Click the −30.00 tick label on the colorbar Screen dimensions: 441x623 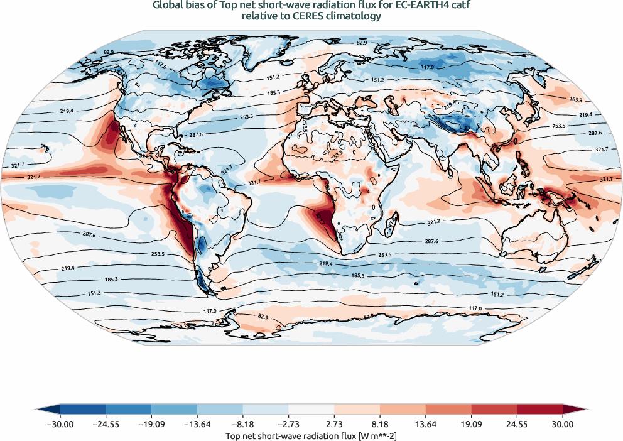click(x=60, y=425)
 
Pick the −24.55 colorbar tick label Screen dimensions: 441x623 click(x=106, y=425)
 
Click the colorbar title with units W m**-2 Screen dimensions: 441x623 click(x=311, y=435)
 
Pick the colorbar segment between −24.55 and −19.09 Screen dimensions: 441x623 click(x=129, y=409)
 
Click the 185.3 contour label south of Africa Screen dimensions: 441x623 click(x=359, y=275)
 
